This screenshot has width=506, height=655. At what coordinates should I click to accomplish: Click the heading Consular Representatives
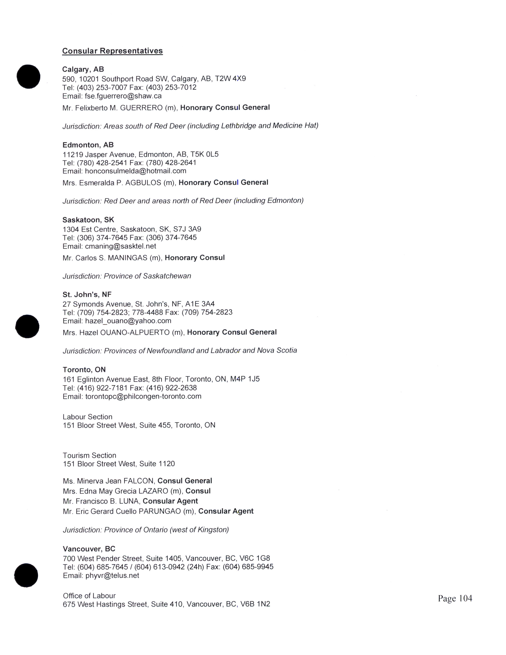point(112,51)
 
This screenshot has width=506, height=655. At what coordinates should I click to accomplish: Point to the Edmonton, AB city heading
point(88,145)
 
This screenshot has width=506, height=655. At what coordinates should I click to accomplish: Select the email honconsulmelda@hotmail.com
point(136,171)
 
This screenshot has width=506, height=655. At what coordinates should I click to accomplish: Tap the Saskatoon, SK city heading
point(88,220)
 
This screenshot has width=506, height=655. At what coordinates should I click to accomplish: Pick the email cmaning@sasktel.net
point(120,246)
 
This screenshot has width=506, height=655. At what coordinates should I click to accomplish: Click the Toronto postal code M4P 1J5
point(245,379)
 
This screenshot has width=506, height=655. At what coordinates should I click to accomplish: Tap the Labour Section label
point(88,417)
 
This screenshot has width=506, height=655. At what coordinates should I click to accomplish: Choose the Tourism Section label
point(89,455)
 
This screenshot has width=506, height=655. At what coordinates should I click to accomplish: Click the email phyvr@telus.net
point(112,576)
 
